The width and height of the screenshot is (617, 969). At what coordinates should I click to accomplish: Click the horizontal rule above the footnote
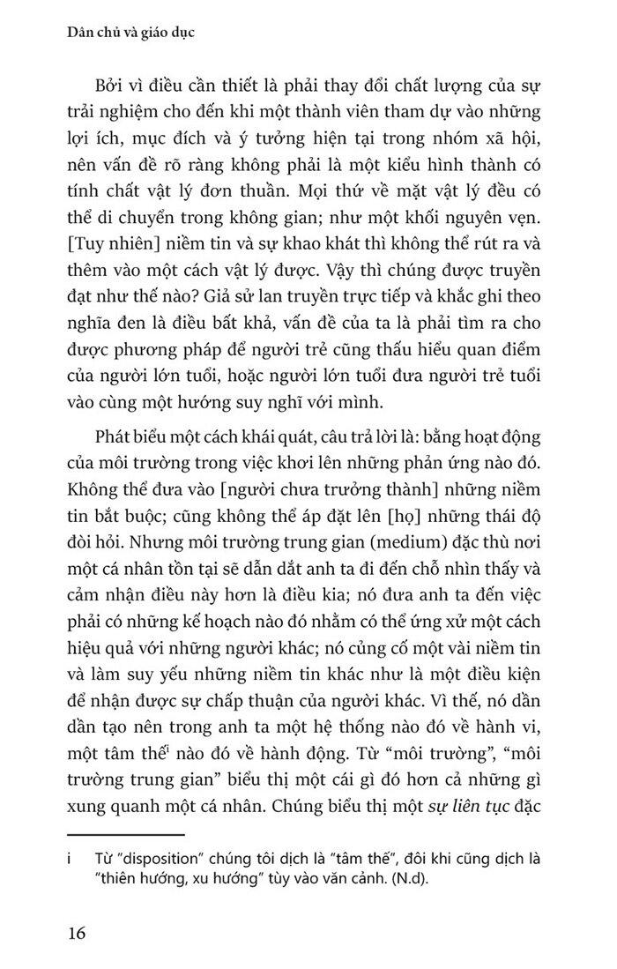[x=125, y=833]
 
